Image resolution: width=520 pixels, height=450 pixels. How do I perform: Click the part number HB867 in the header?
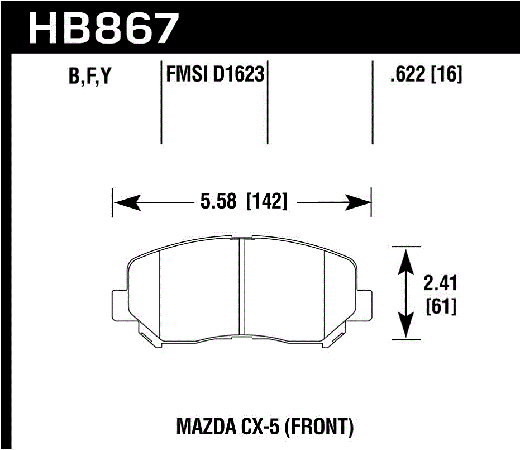(x=104, y=28)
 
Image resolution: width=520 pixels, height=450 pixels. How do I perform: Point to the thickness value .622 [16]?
(x=426, y=74)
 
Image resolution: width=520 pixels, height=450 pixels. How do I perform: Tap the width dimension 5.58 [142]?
(x=242, y=201)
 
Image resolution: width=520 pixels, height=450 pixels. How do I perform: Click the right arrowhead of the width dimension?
(x=359, y=202)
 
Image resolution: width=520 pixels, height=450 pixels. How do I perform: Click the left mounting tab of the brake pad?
(x=119, y=305)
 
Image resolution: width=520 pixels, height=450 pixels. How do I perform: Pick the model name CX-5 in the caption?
(x=261, y=428)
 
